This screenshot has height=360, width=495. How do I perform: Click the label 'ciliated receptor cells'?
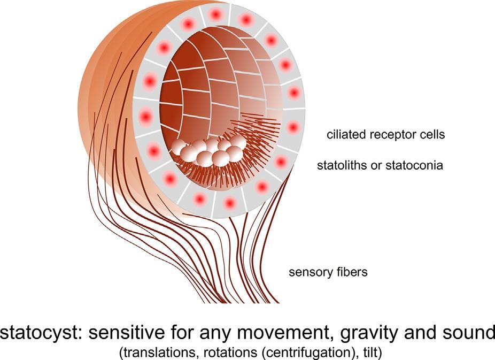(386, 135)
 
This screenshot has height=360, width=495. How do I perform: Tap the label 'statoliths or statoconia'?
(380, 165)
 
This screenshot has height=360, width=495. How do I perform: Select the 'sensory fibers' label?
(328, 272)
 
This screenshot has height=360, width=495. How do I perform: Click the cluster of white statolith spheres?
(211, 151)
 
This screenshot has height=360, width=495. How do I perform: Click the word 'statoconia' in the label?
(419, 165)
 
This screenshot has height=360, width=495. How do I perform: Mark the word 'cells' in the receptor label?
(432, 135)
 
